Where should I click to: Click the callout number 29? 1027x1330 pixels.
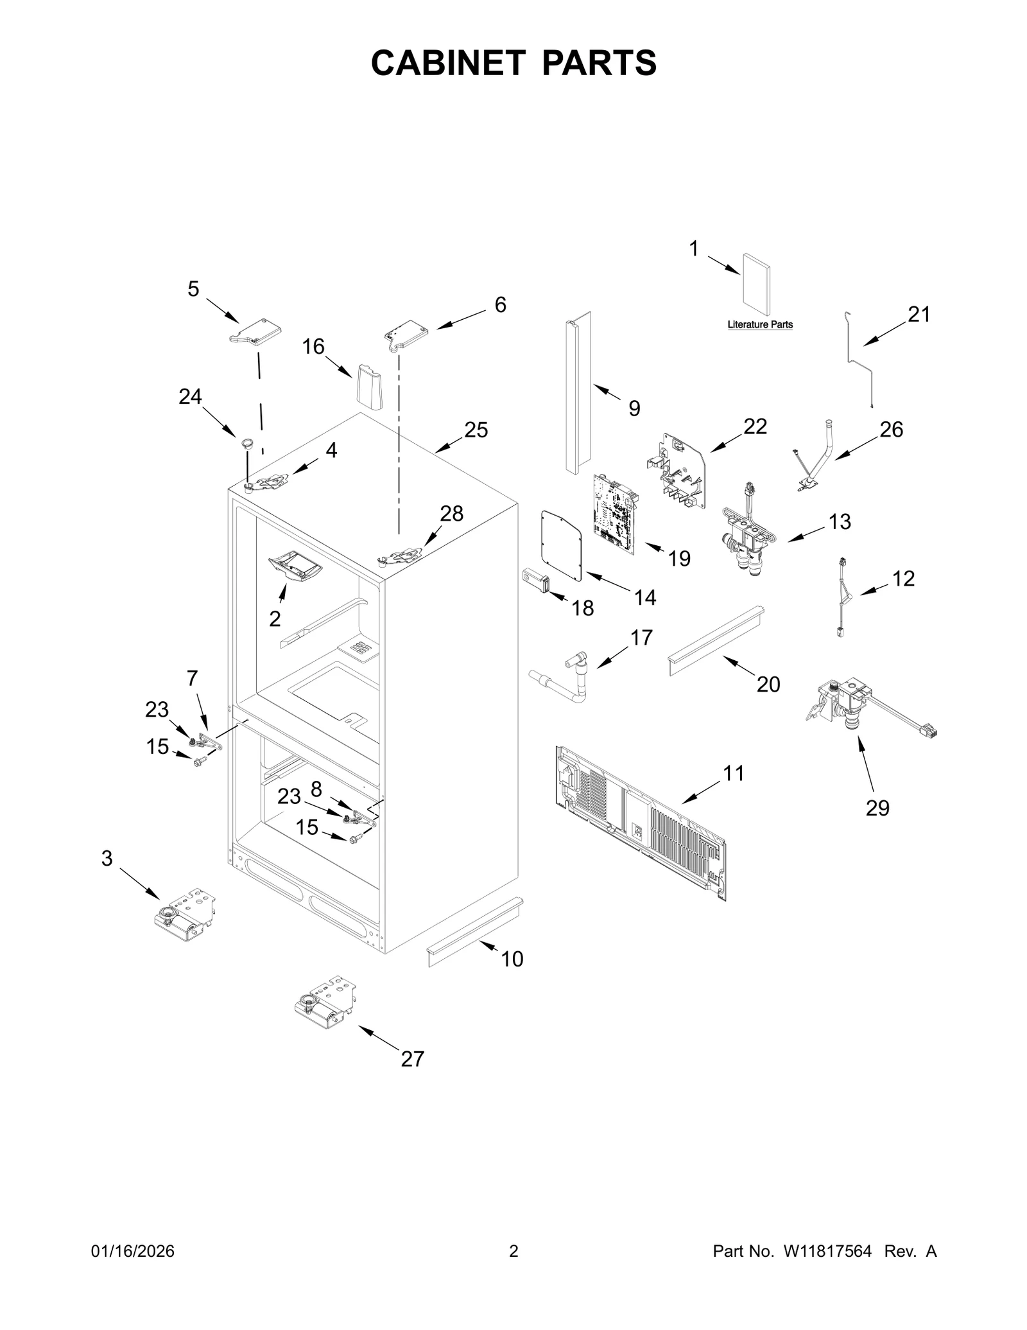pos(877,807)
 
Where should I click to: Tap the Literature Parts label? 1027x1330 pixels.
pos(759,324)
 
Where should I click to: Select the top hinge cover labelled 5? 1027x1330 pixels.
pos(257,333)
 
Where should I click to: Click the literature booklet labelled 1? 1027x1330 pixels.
pos(756,284)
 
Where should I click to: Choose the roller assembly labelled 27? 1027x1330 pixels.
pos(325,1002)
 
